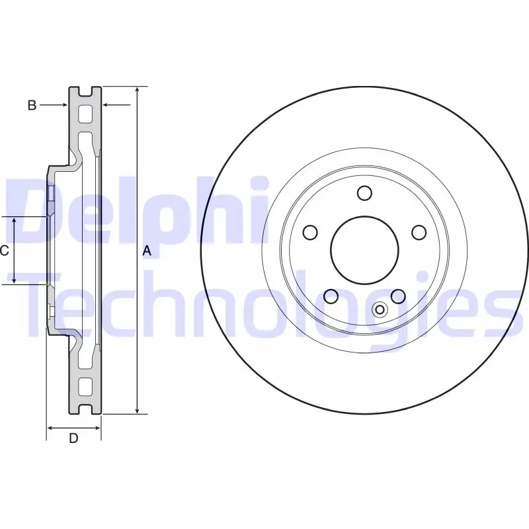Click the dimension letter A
pyautogui.click(x=147, y=251)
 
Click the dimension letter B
pyautogui.click(x=32, y=105)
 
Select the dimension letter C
pyautogui.click(x=4, y=251)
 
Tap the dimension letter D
pyautogui.click(x=73, y=438)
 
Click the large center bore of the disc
pyautogui.click(x=365, y=251)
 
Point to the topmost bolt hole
pyautogui.click(x=365, y=193)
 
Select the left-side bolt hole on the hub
pyautogui.click(x=310, y=233)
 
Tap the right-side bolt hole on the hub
pyautogui.click(x=419, y=233)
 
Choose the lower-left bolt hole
pyautogui.click(x=331, y=296)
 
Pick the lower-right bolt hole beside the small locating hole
pyautogui.click(x=398, y=296)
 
